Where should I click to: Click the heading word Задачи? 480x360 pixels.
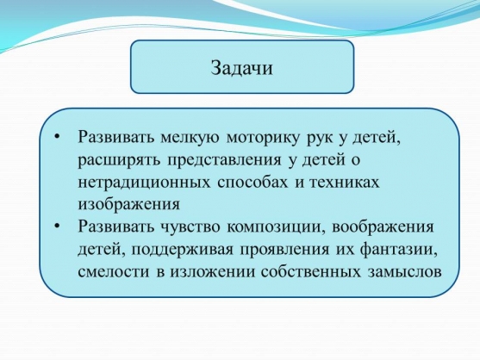click(x=241, y=67)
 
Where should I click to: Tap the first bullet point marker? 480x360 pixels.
click(x=58, y=137)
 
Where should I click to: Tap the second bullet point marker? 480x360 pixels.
click(x=58, y=227)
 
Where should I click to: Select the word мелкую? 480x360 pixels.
click(x=190, y=137)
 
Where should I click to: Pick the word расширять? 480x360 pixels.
click(x=119, y=160)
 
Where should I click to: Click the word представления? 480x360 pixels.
click(x=224, y=160)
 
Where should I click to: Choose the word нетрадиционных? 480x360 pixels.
click(x=144, y=183)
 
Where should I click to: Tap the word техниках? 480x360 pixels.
click(x=344, y=183)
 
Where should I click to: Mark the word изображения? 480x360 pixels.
click(x=129, y=205)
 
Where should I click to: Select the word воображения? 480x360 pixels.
click(x=383, y=227)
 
